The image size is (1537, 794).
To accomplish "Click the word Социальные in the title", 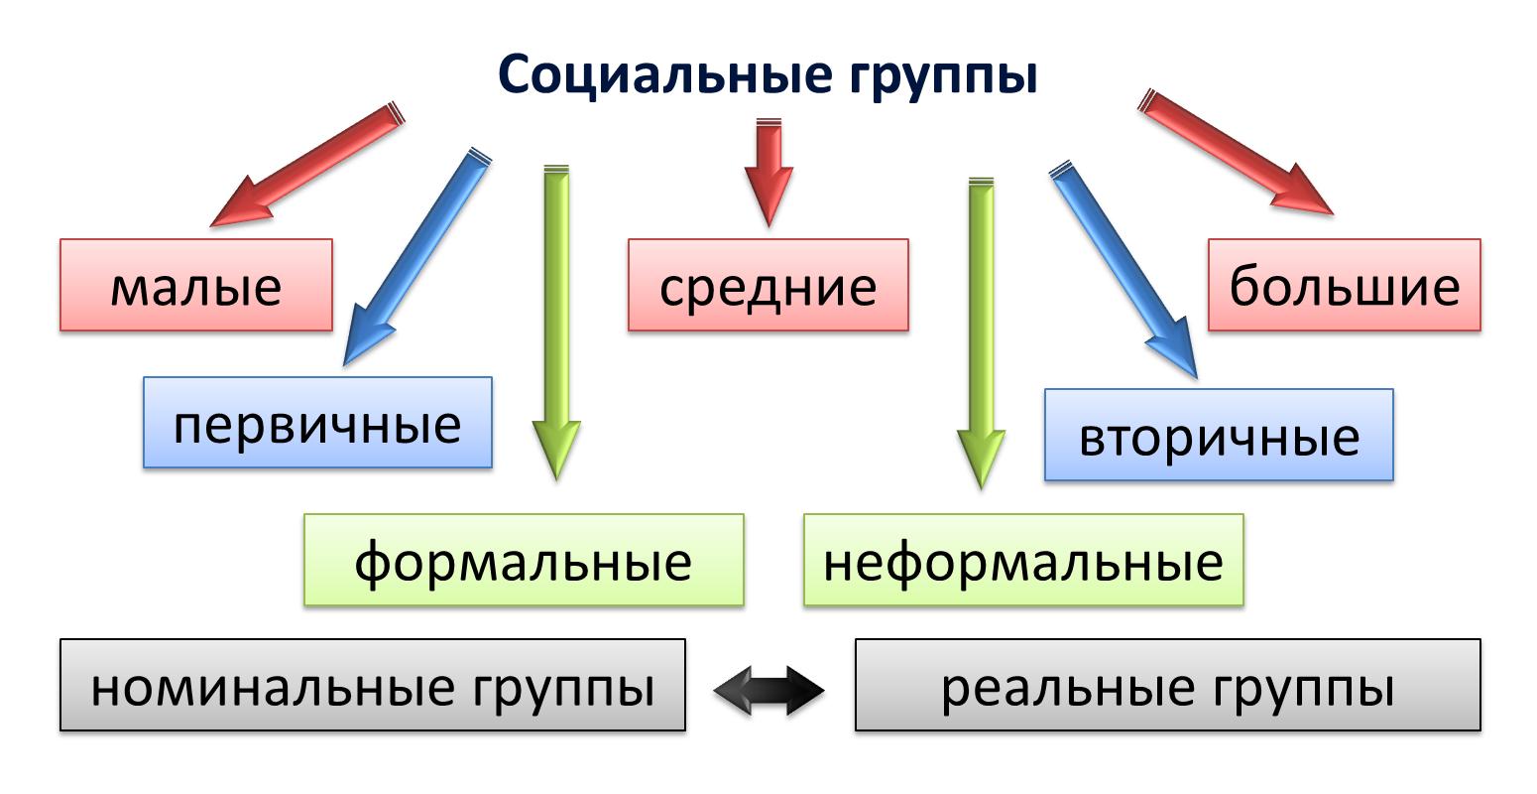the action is (x=665, y=74).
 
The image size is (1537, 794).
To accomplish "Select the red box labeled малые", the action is (x=196, y=285).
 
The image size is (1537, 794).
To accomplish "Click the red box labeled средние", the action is (x=768, y=285).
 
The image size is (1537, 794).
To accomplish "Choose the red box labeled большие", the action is (x=1345, y=285).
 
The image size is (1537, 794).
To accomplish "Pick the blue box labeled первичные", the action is (x=317, y=423).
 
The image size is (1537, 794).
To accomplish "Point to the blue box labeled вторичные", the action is (x=1220, y=435).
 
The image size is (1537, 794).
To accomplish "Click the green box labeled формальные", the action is (x=525, y=560).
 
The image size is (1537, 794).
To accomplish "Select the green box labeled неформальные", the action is (x=1023, y=560).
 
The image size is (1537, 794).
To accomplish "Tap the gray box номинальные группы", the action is (x=373, y=685).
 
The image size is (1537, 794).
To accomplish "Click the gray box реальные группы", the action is (x=1168, y=685).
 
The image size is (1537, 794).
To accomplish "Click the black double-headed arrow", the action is (x=769, y=691).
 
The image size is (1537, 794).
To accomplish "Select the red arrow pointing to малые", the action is (x=307, y=164).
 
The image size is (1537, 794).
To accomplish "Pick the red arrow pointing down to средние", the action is (x=768, y=173).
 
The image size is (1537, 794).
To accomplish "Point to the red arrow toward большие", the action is (x=1236, y=152).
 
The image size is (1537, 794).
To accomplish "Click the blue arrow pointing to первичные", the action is (x=417, y=256).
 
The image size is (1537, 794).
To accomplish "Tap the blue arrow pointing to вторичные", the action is (x=1123, y=270).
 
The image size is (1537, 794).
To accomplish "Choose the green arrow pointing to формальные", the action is (x=556, y=323).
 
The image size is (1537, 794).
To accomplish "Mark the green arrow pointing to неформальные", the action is (x=982, y=333).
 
